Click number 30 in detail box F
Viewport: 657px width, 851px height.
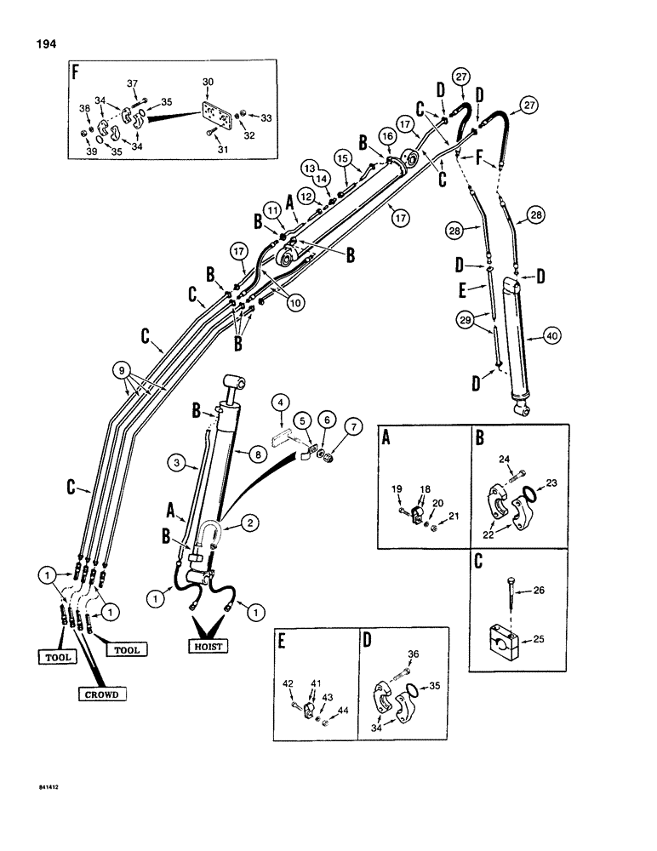click(x=209, y=83)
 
